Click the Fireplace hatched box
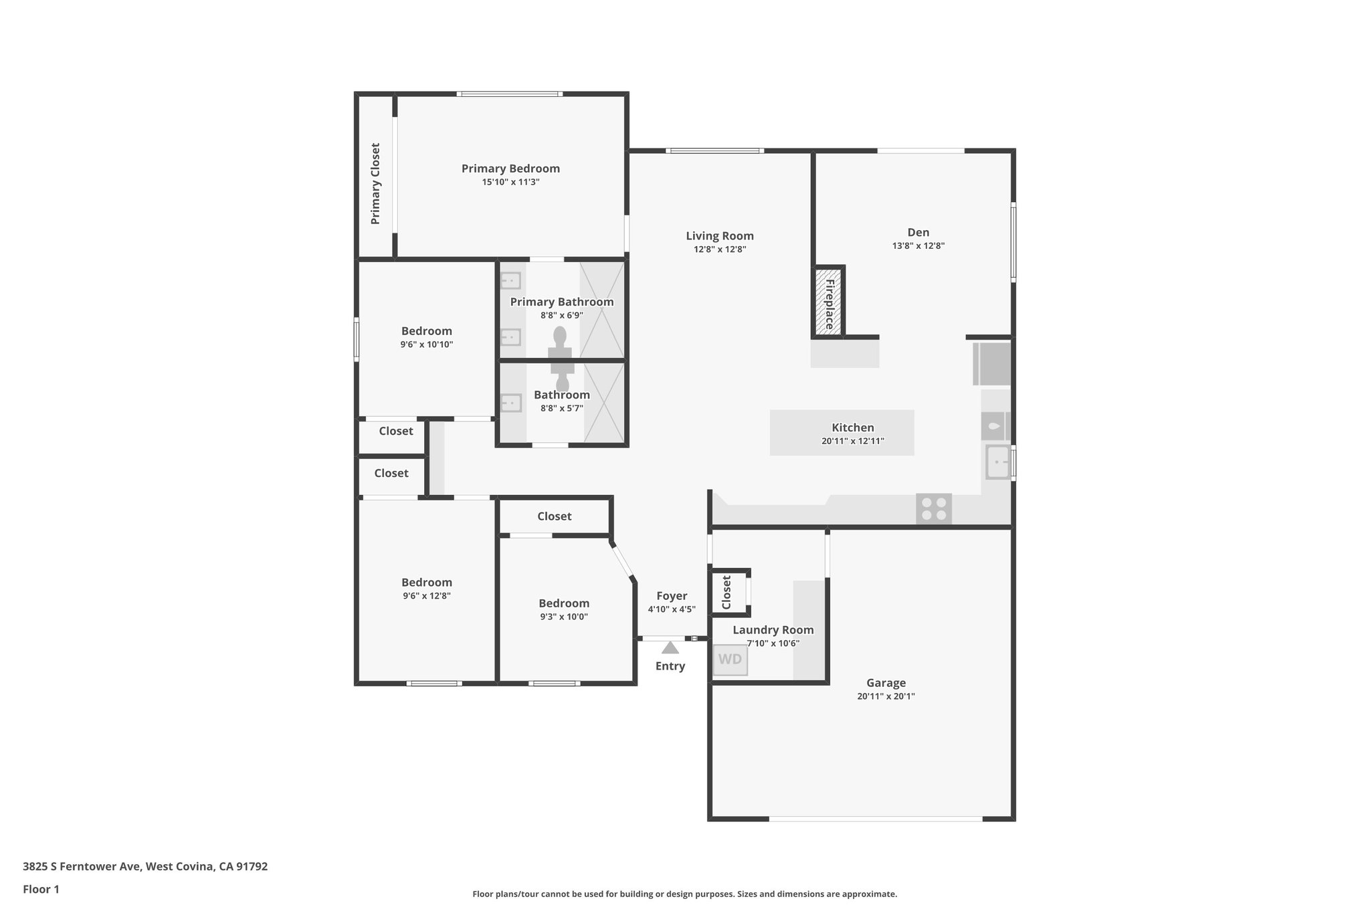coord(828,302)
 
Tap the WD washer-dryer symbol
coord(730,660)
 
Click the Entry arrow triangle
coord(670,647)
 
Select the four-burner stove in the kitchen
coord(934,508)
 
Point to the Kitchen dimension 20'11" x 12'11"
coord(853,441)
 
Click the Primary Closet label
coord(375,183)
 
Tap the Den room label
coord(918,233)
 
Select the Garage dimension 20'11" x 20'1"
coord(886,696)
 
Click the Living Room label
coord(719,236)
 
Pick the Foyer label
coord(671,596)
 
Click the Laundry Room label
coord(773,630)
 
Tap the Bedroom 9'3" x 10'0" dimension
coord(563,617)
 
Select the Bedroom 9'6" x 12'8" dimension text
coord(426,596)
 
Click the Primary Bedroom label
coord(510,169)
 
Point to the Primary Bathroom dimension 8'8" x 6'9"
coord(561,315)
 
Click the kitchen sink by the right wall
coord(998,462)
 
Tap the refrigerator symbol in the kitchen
coord(991,364)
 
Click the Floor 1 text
coord(41,890)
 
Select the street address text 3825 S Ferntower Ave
coord(145,867)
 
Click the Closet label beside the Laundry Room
coord(727,593)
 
